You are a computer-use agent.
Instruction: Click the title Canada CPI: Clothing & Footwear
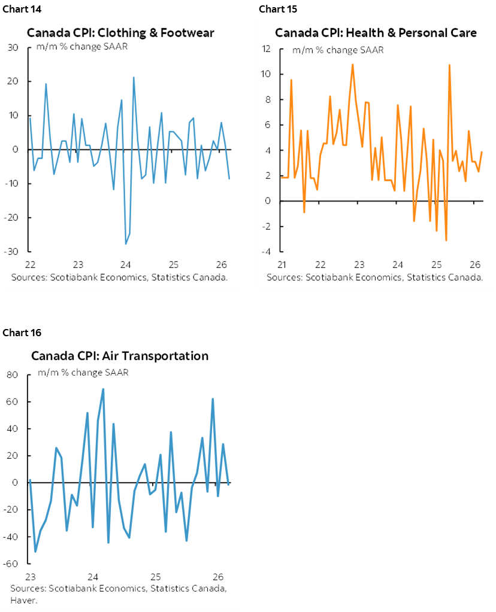(120, 33)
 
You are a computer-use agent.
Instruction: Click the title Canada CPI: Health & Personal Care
(376, 33)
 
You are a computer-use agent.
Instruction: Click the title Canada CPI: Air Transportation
(120, 356)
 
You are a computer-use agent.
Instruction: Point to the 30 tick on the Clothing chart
(13, 48)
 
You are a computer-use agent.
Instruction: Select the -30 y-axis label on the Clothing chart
(11, 252)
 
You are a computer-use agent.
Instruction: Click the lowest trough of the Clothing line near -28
(126, 243)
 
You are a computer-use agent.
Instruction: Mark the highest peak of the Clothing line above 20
(134, 77)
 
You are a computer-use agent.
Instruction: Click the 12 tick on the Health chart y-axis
(268, 49)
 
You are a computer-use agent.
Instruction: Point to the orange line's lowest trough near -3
(446, 240)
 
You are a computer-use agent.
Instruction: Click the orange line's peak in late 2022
(352, 64)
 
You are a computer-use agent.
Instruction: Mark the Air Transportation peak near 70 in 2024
(103, 389)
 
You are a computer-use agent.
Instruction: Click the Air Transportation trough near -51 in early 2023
(35, 551)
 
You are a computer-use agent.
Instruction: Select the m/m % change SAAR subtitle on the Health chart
(338, 50)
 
